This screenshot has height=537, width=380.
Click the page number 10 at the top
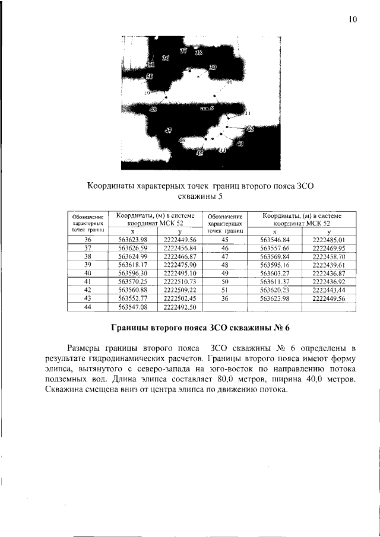[353, 20]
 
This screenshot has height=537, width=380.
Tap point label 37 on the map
[183, 52]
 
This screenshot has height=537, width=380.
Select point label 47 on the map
[169, 131]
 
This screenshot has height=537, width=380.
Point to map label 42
[250, 129]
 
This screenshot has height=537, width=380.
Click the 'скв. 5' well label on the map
[207, 109]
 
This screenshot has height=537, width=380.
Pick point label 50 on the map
[149, 77]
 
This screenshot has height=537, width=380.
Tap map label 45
[199, 153]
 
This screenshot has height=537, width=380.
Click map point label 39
[213, 67]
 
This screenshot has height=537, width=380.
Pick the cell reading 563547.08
[132, 307]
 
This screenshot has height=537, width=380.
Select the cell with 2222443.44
[328, 290]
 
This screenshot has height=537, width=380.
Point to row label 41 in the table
[87, 281]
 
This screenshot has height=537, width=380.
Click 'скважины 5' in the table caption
[200, 196]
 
